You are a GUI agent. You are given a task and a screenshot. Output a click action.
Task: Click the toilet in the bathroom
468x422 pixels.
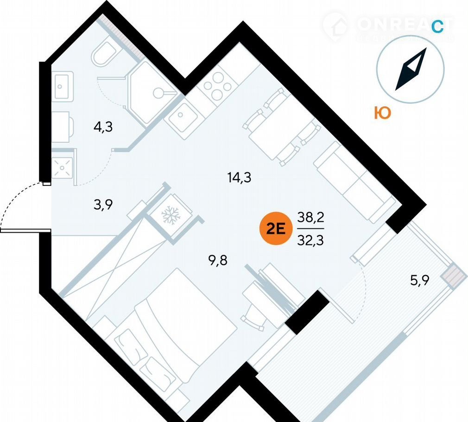(x=106, y=55)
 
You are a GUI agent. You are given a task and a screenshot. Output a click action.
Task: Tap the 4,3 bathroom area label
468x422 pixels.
(x=103, y=127)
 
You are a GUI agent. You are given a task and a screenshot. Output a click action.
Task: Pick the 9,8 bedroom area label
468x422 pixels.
(x=218, y=258)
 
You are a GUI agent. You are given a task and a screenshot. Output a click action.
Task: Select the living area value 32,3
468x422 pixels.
(x=310, y=240)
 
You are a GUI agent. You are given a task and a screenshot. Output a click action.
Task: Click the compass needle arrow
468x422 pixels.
(x=411, y=70)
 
